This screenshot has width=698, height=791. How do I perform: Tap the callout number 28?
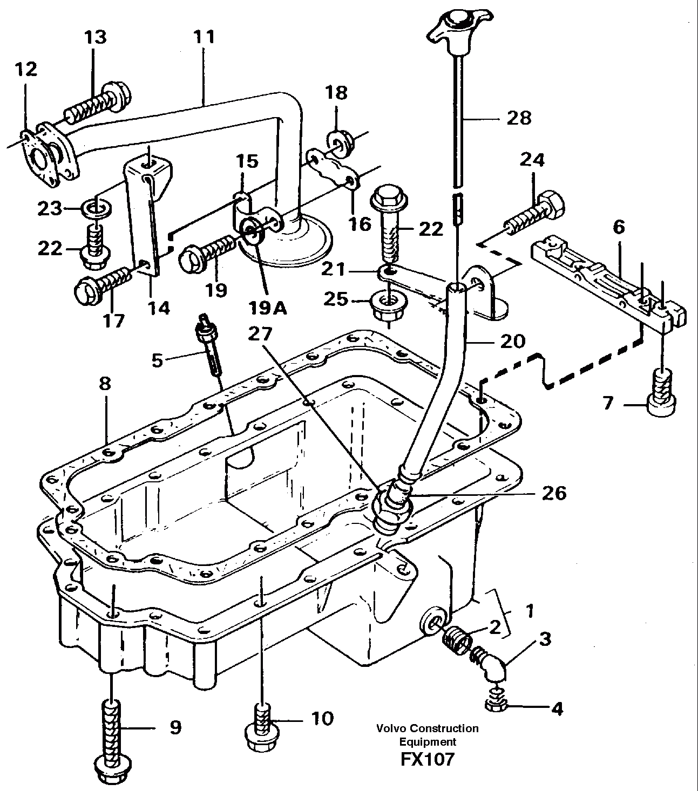pos(519,118)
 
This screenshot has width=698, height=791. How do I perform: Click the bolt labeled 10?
pos(261,726)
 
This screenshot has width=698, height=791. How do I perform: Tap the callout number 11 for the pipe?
pos(205,37)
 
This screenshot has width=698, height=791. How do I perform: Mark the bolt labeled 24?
pos(536,214)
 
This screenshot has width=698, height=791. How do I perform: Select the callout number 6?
pos(618,227)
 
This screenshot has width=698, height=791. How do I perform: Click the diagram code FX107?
pos(427,759)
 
